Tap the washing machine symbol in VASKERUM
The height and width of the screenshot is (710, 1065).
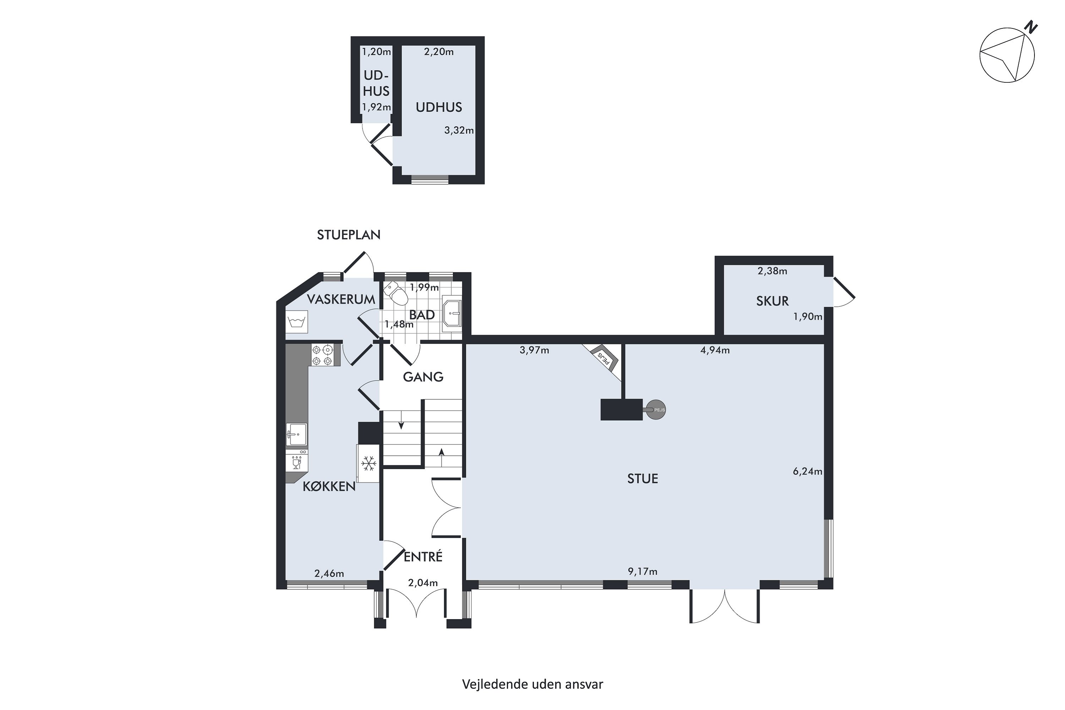click(296, 322)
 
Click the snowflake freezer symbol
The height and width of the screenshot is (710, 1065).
click(368, 463)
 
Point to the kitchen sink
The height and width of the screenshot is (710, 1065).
click(296, 434)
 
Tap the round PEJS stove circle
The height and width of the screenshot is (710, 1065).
click(656, 410)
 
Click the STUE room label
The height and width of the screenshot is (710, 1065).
click(643, 479)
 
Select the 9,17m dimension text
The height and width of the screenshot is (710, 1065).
click(643, 572)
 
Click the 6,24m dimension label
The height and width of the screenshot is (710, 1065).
click(807, 471)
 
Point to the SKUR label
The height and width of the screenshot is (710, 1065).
click(772, 301)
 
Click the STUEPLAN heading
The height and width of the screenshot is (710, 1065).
click(349, 235)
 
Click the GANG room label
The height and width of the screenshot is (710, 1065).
click(423, 377)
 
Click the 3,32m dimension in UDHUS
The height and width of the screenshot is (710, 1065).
click(459, 130)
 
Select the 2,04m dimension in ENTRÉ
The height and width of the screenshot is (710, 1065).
click(423, 583)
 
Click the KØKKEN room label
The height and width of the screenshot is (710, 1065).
click(329, 487)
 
